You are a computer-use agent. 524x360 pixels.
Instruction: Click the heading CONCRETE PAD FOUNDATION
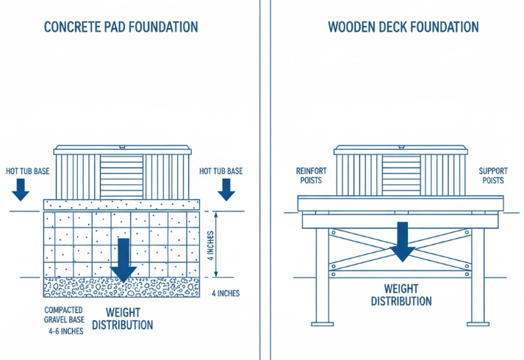pos(121,28)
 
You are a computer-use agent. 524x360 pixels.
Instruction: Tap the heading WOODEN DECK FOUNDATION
pos(403,28)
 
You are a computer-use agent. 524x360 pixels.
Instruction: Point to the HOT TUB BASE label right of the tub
pos(220,171)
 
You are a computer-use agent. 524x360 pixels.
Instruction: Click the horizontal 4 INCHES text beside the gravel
pos(225,293)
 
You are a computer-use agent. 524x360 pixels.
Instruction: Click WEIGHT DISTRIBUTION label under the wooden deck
pos(401,295)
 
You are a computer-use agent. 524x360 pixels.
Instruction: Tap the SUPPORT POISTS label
pos(493,175)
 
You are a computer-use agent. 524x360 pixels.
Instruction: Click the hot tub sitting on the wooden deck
pos(401,171)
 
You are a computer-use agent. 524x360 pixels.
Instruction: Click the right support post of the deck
pos(480,276)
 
